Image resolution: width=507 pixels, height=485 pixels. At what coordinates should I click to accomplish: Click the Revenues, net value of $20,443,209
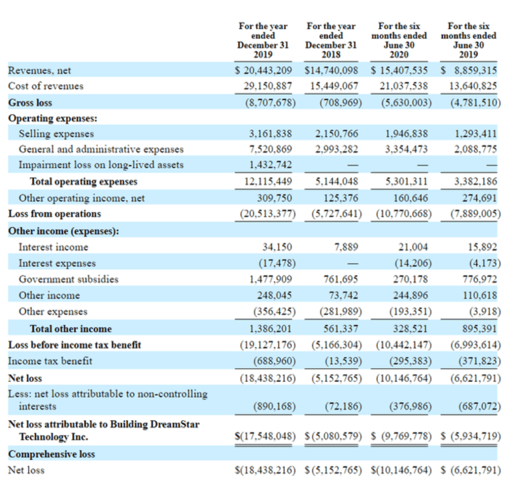(x=263, y=70)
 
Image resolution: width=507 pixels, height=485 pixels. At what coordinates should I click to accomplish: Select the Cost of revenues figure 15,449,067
(x=334, y=86)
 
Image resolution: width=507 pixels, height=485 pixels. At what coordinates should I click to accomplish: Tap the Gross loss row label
(x=30, y=103)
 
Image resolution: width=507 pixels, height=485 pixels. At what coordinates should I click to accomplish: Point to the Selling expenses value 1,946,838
(x=406, y=134)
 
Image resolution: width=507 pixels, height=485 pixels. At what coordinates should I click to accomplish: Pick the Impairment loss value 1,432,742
(x=271, y=165)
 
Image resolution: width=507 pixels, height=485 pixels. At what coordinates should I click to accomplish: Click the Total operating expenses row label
(x=84, y=182)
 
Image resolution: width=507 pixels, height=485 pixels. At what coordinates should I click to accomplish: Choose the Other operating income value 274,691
(x=479, y=198)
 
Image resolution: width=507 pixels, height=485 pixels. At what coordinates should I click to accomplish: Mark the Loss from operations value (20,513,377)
(x=268, y=214)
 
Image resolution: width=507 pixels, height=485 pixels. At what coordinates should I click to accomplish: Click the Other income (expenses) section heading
(x=64, y=231)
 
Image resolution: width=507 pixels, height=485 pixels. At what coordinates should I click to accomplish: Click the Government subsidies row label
(x=69, y=279)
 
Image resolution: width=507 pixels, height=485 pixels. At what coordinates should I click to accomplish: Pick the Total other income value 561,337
(x=341, y=329)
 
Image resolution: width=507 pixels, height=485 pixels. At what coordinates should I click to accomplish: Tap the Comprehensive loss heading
(x=51, y=454)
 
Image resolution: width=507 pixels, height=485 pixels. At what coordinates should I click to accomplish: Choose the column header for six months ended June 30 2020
(x=399, y=40)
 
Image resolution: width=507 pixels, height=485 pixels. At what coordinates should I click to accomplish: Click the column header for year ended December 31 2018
(x=331, y=40)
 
